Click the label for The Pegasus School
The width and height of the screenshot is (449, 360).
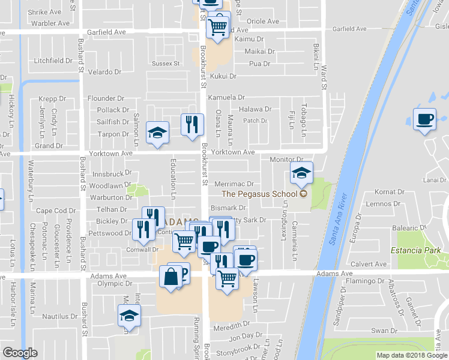tap(260, 193)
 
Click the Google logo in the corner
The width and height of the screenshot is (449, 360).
tap(20, 353)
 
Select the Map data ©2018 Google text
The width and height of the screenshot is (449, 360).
tap(412, 355)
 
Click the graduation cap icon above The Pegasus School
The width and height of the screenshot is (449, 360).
tap(301, 173)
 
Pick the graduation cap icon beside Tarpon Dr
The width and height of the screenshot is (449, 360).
tap(157, 133)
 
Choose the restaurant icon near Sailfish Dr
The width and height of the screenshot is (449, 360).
tap(191, 125)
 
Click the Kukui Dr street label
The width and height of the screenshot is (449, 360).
tap(223, 76)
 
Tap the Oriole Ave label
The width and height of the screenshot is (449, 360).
tap(263, 21)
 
